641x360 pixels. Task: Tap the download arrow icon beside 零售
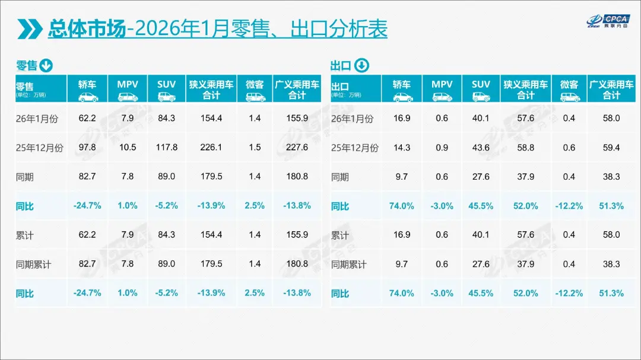tap(46, 65)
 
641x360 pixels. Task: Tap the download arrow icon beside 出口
tap(361, 65)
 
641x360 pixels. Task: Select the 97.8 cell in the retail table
tap(87, 148)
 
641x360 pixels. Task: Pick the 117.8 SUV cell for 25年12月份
tap(166, 148)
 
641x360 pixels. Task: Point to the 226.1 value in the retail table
tap(211, 148)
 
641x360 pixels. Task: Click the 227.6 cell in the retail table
tap(297, 148)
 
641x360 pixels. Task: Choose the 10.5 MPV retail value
tap(127, 148)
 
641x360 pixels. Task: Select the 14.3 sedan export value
tap(402, 148)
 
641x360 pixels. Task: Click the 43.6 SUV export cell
tap(481, 148)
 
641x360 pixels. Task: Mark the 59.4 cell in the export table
tap(611, 148)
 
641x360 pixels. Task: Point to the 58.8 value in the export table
tap(526, 148)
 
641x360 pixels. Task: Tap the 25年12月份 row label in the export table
tap(354, 148)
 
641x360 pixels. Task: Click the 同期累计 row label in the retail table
tap(34, 265)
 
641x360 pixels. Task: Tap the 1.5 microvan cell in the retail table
tap(255, 148)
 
